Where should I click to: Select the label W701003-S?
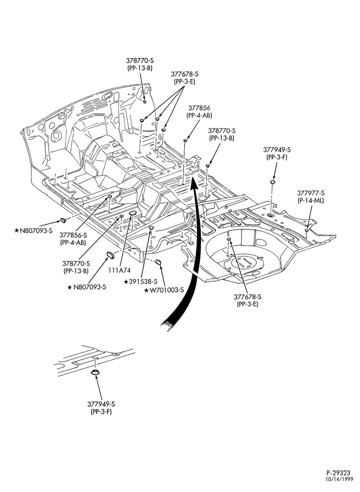click(167, 290)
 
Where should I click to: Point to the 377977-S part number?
click(311, 193)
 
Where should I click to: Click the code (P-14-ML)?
click(311, 201)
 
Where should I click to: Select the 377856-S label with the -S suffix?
click(73, 235)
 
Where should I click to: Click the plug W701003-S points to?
click(158, 261)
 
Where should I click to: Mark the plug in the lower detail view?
click(95, 372)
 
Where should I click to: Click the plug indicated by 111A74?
click(133, 214)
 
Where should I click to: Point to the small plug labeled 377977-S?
click(306, 231)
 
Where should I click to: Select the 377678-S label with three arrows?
click(185, 74)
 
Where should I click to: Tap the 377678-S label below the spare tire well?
click(248, 297)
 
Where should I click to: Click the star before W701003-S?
click(147, 290)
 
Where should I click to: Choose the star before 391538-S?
click(126, 282)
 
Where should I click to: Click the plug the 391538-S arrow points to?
click(151, 227)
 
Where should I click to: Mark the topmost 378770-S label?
click(140, 60)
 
